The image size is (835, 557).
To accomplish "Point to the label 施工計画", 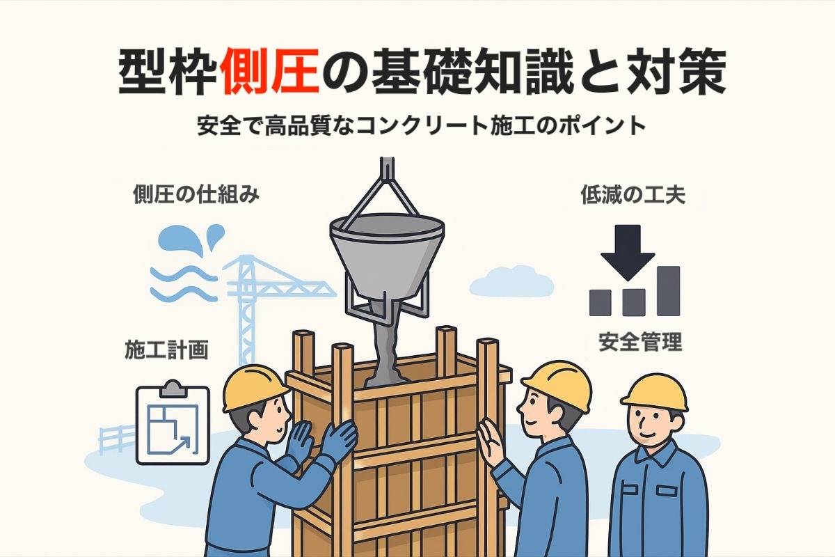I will (167, 350).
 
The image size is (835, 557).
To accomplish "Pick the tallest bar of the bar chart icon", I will (668, 290).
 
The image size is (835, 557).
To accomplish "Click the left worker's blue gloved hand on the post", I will (339, 440).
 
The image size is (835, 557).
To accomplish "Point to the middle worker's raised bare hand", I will (490, 444).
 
